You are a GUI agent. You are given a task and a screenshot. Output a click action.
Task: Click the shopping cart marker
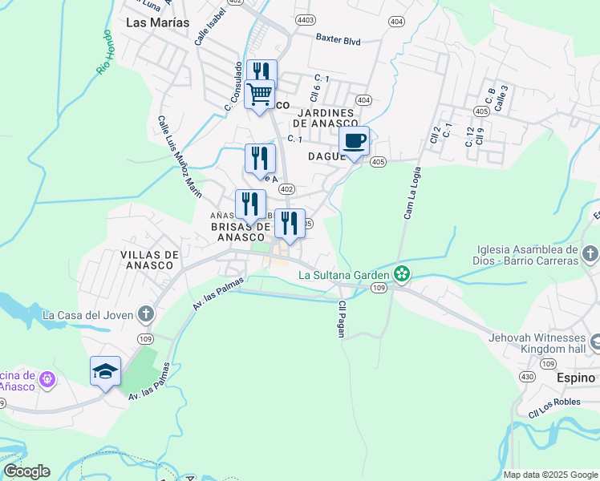coord(259,95)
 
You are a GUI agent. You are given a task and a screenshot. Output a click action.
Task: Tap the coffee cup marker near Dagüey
coord(354,142)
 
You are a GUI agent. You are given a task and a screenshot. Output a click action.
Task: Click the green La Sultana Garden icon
coord(402,274)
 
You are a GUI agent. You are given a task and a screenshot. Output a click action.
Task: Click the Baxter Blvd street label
coord(339,38)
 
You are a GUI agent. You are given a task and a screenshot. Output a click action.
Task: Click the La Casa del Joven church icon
coord(145,313)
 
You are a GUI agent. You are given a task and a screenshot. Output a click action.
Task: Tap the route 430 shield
coord(527,376)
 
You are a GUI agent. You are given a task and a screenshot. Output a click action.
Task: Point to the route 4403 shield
coord(305,19)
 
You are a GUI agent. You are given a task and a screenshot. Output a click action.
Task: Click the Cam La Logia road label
coord(411,192)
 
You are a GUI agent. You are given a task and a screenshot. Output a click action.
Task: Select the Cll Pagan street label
coord(342,319)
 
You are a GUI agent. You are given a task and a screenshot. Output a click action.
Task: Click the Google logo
coord(26,471)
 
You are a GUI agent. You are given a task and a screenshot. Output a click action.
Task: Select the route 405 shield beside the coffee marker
coord(379,162)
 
